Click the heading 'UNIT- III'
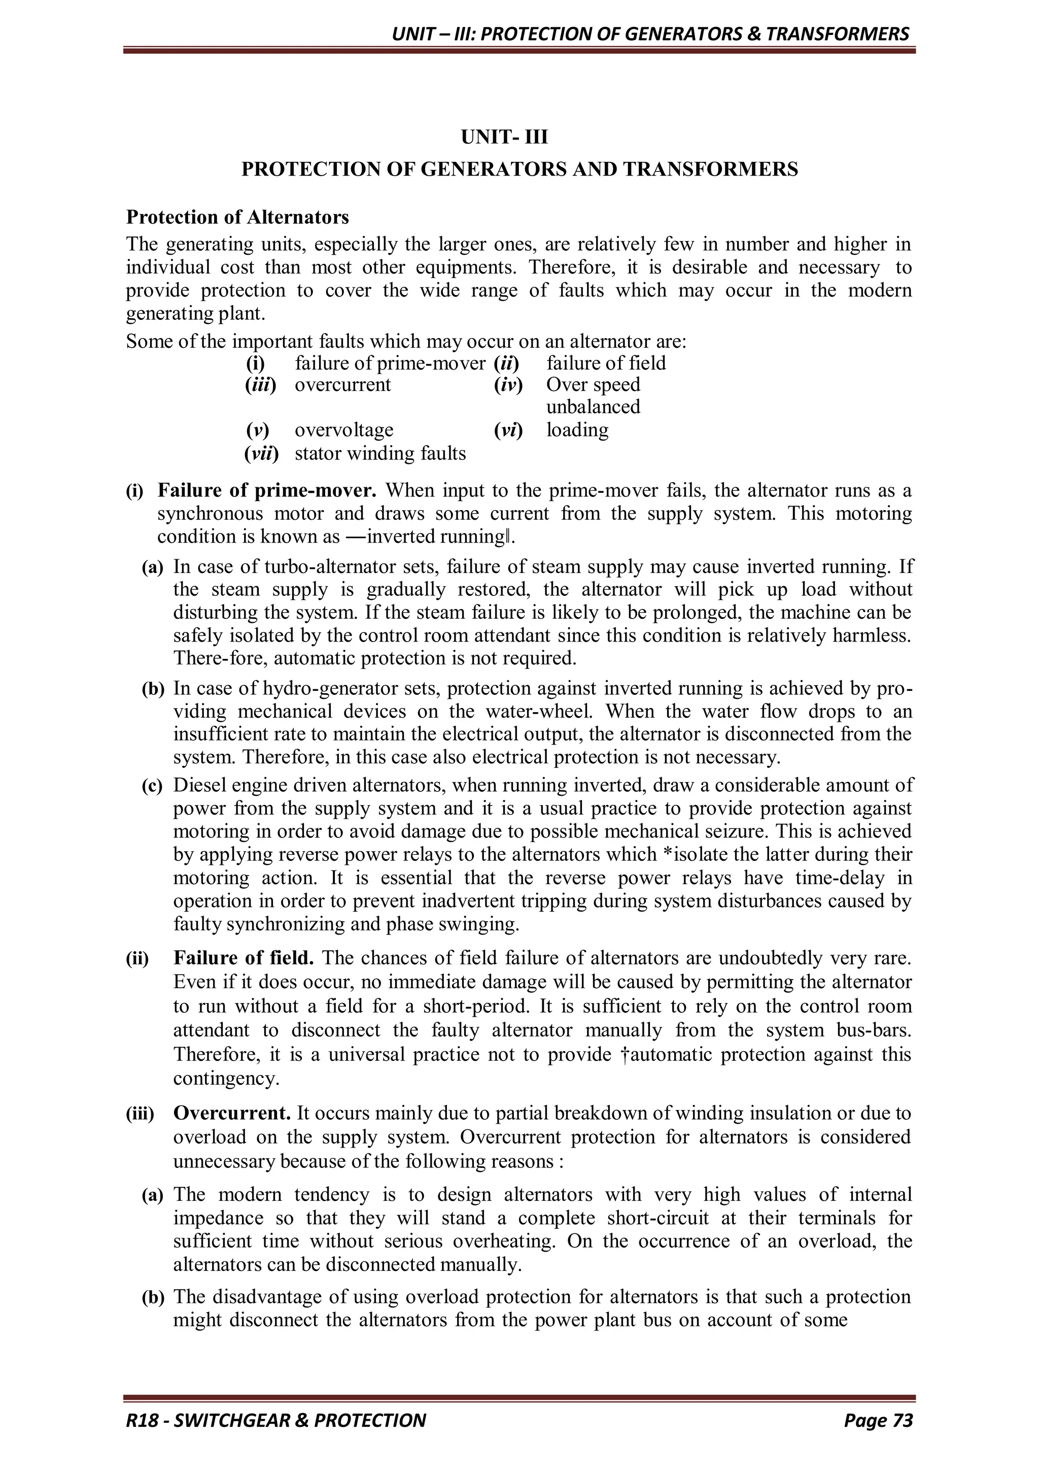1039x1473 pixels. click(504, 137)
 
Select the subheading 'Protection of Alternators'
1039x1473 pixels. click(237, 217)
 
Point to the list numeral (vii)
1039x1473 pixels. click(262, 454)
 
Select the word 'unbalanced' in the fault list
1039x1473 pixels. click(593, 407)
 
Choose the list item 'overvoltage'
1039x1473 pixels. click(344, 430)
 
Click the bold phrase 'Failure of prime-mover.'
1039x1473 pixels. click(267, 491)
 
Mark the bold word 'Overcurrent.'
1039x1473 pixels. click(232, 1113)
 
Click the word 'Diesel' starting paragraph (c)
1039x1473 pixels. click(199, 786)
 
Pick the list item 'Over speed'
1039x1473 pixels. click(593, 385)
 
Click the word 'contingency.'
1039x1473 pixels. click(226, 1079)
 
